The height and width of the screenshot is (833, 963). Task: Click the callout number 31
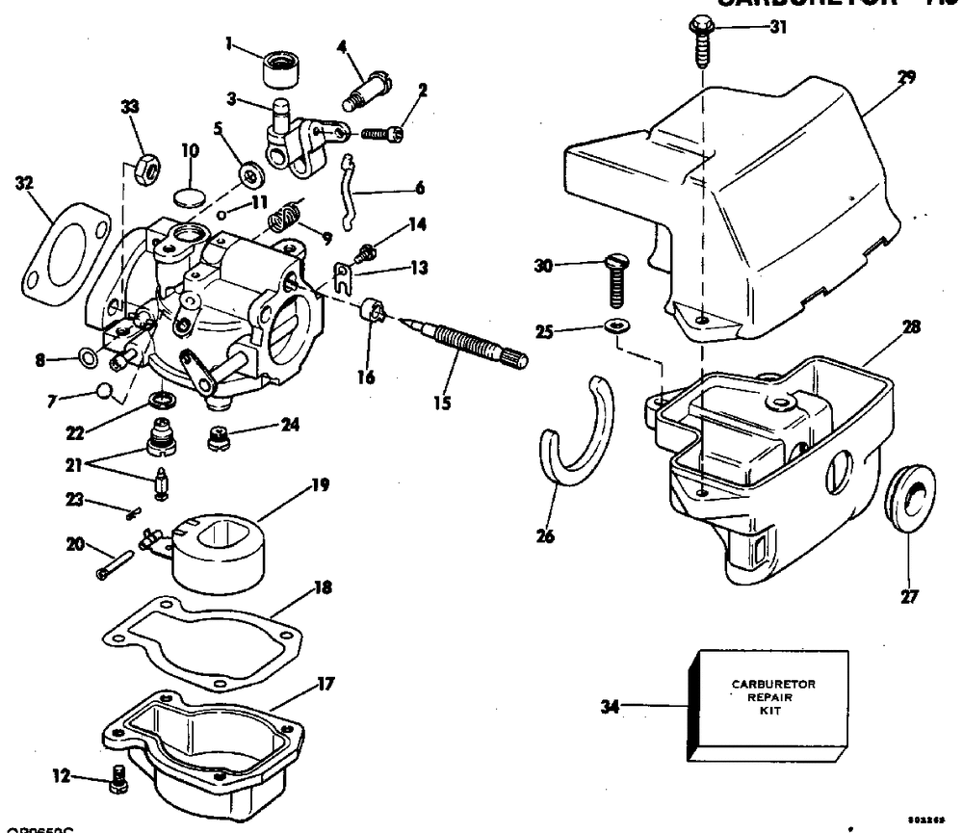(x=777, y=27)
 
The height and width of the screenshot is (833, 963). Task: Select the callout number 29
(x=906, y=77)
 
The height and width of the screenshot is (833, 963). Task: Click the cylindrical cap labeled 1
(x=277, y=68)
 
